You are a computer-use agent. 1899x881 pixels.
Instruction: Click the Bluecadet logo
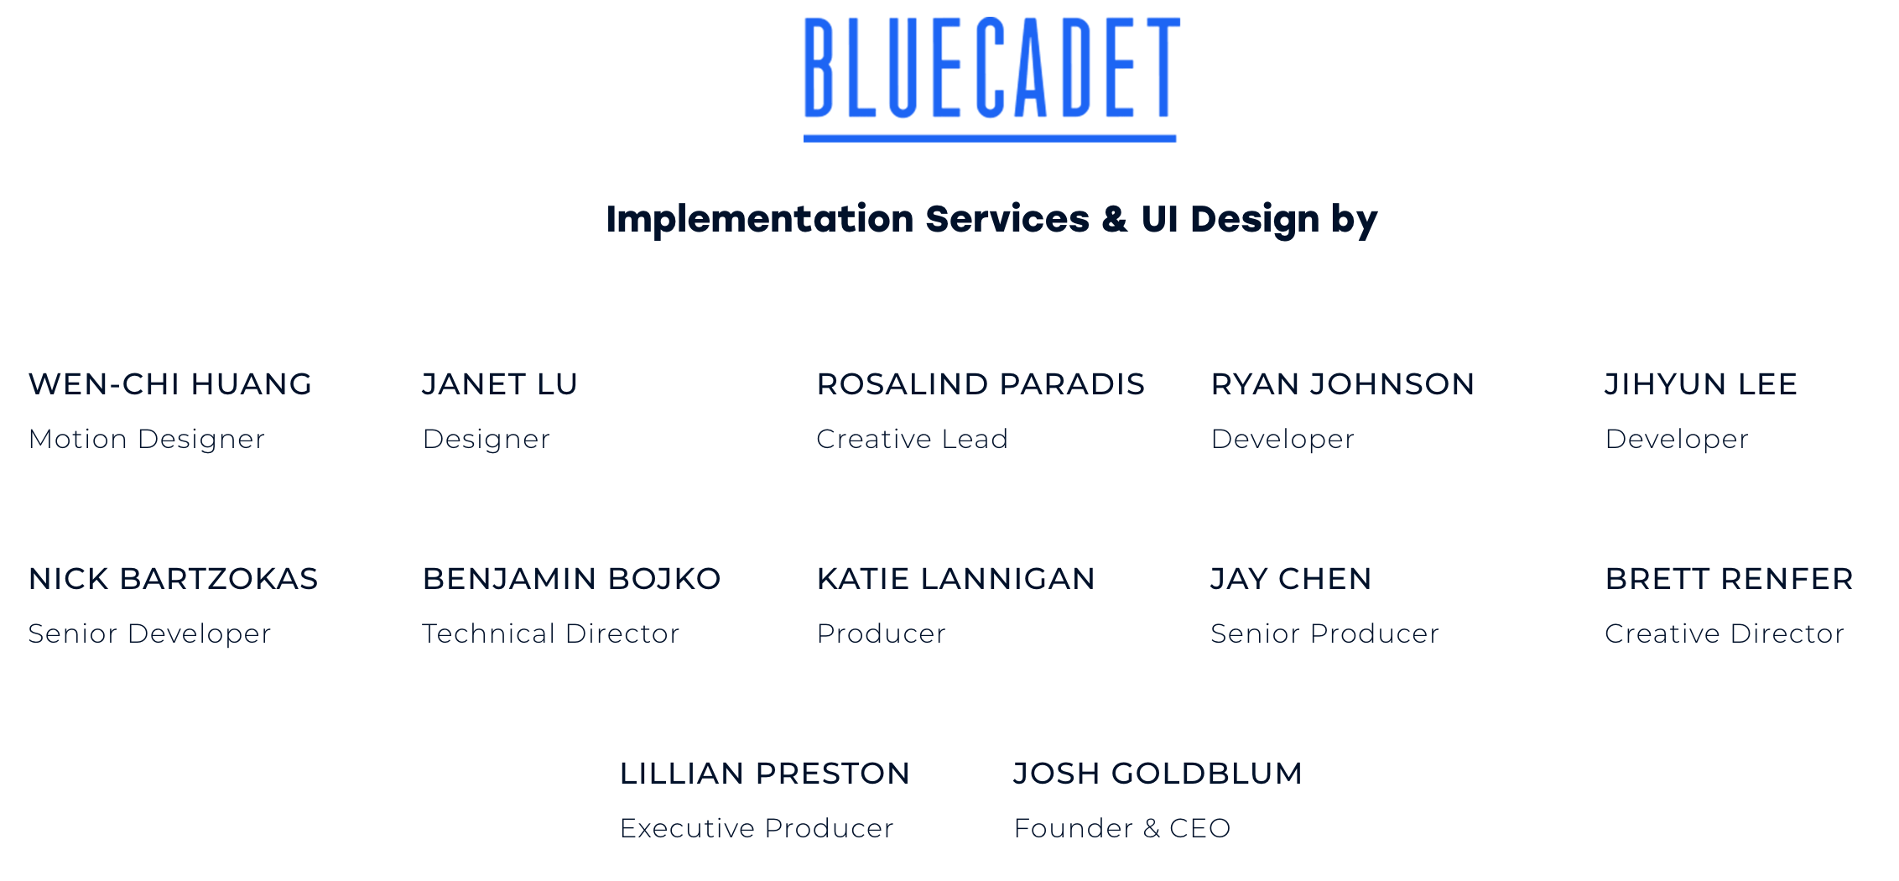tap(991, 80)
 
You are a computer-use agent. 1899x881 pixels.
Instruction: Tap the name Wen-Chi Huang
tap(170, 384)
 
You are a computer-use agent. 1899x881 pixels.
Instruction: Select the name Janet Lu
tap(500, 384)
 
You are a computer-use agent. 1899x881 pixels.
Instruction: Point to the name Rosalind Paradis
tap(981, 384)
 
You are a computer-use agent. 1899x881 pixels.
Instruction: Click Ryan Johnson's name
tap(1343, 384)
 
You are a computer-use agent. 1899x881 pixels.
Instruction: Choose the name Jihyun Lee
tap(1701, 384)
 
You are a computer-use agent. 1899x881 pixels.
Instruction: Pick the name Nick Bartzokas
tap(174, 579)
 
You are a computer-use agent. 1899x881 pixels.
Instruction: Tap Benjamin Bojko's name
tap(572, 579)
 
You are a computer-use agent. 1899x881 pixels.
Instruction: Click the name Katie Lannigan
tap(956, 579)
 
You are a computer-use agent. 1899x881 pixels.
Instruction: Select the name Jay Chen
tap(1291, 579)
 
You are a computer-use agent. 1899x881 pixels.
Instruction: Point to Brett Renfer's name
tap(1730, 579)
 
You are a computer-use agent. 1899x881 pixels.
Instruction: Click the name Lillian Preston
tap(765, 774)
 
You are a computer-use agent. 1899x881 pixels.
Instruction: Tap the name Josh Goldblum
tap(1158, 774)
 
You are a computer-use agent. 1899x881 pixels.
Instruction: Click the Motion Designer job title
tap(147, 440)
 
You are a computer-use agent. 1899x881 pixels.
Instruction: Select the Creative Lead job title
tap(913, 439)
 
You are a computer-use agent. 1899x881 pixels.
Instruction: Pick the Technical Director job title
tap(551, 633)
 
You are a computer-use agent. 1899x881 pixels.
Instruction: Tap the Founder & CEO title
tap(1122, 828)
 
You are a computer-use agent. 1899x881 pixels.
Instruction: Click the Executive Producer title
tap(757, 828)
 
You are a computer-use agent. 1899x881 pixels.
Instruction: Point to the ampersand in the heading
tap(1115, 219)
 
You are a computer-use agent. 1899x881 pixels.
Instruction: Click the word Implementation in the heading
tap(760, 220)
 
